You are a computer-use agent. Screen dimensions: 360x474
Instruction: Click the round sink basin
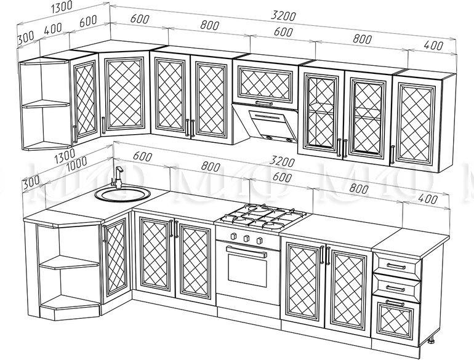[x=122, y=194]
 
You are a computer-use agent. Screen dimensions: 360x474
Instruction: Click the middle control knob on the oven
[x=246, y=238]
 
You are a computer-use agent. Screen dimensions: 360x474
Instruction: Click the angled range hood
[x=266, y=124]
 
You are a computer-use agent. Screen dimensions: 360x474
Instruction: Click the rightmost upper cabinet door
[x=422, y=121]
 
